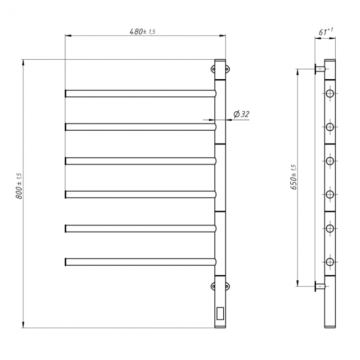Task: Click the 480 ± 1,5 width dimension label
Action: pyautogui.click(x=142, y=32)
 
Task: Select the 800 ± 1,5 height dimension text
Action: pyautogui.click(x=19, y=186)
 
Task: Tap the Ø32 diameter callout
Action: pyautogui.click(x=241, y=114)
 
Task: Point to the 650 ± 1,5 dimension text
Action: pyautogui.click(x=294, y=177)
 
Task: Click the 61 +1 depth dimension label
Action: pyautogui.click(x=326, y=32)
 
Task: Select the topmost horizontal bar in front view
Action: pyautogui.click(x=141, y=94)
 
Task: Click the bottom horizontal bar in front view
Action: pyautogui.click(x=141, y=262)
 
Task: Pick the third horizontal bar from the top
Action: pyautogui.click(x=141, y=161)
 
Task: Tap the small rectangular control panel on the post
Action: pyautogui.click(x=220, y=313)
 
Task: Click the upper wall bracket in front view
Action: pyautogui.click(x=220, y=69)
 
